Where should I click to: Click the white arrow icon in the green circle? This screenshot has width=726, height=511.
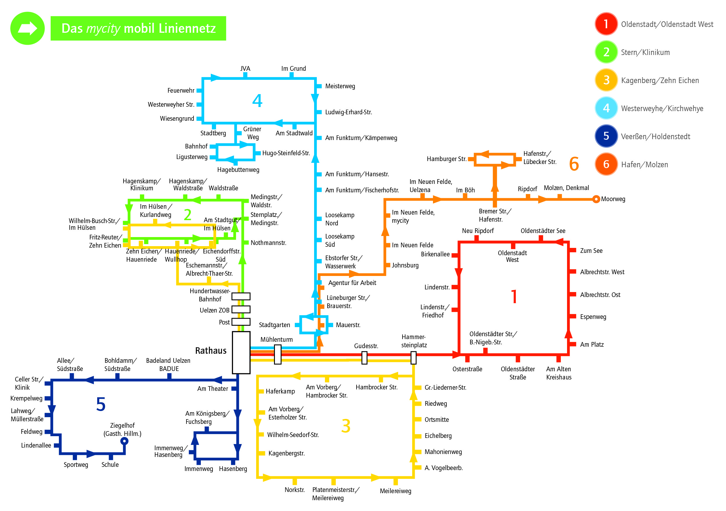(x=28, y=28)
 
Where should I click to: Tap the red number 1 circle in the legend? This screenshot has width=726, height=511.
(x=606, y=24)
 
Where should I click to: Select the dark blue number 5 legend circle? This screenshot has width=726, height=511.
(x=606, y=136)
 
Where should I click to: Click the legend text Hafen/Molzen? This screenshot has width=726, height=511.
(x=644, y=165)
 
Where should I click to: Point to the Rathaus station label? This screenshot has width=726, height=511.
(x=210, y=351)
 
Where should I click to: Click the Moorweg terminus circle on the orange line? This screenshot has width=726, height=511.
(x=596, y=199)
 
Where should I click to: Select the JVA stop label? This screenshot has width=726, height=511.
(x=245, y=68)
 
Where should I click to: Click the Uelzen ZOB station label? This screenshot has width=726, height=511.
(x=214, y=310)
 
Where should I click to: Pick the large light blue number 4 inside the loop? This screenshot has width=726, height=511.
(x=257, y=101)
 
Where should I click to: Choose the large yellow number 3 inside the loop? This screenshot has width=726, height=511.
(x=346, y=426)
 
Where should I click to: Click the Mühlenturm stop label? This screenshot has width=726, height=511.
(x=276, y=339)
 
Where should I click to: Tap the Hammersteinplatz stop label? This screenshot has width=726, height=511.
(x=414, y=341)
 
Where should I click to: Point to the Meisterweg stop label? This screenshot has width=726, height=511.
(x=340, y=86)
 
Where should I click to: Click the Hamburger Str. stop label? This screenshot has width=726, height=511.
(x=446, y=159)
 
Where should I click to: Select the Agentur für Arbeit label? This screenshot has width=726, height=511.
(x=352, y=283)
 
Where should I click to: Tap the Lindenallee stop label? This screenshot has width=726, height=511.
(x=36, y=445)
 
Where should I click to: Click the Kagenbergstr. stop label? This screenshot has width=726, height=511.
(x=287, y=453)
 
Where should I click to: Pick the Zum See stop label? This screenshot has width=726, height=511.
(x=591, y=251)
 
